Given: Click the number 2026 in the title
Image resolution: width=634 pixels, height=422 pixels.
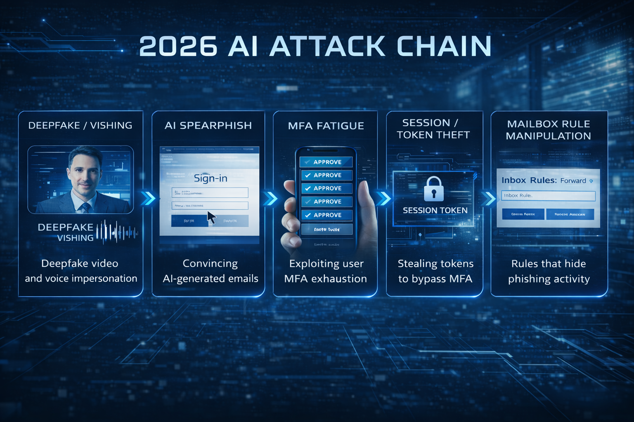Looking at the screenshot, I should (178, 46).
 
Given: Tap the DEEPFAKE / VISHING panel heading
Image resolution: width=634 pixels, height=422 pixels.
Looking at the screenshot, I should (80, 125).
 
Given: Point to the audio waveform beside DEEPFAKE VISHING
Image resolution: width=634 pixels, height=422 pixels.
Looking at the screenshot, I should (117, 232).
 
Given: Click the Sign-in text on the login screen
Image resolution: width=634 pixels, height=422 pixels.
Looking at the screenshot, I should (211, 178).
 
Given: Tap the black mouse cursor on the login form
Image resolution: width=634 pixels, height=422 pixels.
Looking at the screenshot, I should (211, 217).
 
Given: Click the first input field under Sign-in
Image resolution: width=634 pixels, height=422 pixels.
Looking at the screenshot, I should (210, 192).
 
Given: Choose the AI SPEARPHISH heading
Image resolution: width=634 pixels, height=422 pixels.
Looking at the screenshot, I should (208, 125).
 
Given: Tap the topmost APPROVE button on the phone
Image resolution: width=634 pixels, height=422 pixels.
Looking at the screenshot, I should (326, 162).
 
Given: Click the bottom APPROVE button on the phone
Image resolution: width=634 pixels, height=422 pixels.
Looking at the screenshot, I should (326, 215).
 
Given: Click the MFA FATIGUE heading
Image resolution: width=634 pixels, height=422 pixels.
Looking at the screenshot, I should (326, 126).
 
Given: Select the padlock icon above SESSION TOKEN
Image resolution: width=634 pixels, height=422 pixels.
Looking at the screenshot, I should (433, 189).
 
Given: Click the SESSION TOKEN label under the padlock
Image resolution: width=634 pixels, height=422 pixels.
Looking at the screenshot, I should (435, 211).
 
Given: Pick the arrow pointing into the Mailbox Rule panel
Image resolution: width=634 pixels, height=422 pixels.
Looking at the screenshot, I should (488, 198).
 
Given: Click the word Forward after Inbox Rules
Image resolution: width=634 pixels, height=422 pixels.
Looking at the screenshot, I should (573, 181).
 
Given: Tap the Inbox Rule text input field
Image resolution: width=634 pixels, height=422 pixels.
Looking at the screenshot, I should (548, 196).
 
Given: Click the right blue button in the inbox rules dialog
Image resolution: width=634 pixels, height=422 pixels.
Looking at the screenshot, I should (570, 214).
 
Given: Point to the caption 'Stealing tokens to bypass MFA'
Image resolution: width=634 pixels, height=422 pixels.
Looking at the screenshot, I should (435, 271).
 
